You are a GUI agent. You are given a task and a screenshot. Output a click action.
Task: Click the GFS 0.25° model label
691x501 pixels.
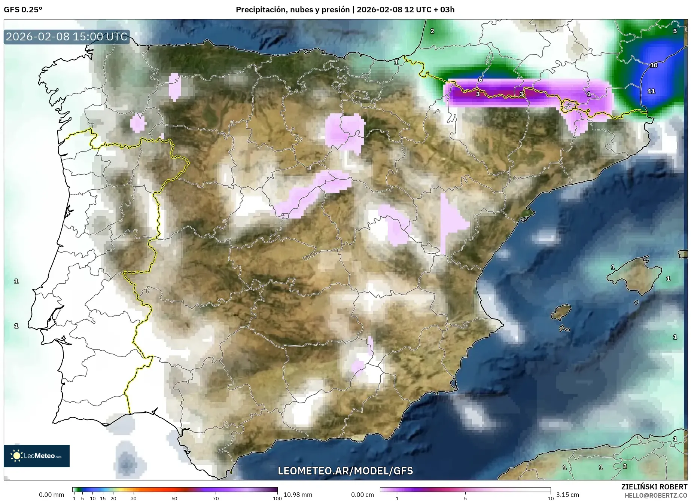click(x=23, y=10)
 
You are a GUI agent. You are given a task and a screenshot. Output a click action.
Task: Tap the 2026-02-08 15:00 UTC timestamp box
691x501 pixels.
click(x=67, y=37)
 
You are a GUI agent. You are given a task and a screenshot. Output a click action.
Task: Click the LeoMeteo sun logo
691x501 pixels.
click(x=16, y=455)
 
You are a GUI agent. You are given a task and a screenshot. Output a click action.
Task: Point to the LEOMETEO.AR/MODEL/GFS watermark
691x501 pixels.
click(x=345, y=471)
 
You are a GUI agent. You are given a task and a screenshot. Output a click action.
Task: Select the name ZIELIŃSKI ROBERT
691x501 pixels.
click(x=654, y=487)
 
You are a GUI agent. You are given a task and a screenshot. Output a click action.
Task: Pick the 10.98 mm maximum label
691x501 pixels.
click(x=298, y=495)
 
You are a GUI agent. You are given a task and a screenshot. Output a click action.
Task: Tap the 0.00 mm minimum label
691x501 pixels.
click(x=52, y=495)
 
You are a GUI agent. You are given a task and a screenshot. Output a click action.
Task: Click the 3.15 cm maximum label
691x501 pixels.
click(x=567, y=495)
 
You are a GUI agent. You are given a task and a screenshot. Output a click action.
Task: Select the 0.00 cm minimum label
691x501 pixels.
click(x=362, y=495)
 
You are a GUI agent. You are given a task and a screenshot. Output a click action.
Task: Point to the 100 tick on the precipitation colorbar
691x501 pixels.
click(x=277, y=498)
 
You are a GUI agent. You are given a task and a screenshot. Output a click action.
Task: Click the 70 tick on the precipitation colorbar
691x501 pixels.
click(x=216, y=498)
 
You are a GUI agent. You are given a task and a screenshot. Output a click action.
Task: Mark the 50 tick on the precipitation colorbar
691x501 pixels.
click(x=174, y=498)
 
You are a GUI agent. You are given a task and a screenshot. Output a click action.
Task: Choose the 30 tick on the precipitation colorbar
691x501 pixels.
click(x=134, y=498)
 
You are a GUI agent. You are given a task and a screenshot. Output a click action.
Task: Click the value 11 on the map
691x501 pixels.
click(x=651, y=91)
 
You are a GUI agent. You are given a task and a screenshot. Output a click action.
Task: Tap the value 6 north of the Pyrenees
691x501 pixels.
click(x=480, y=80)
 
